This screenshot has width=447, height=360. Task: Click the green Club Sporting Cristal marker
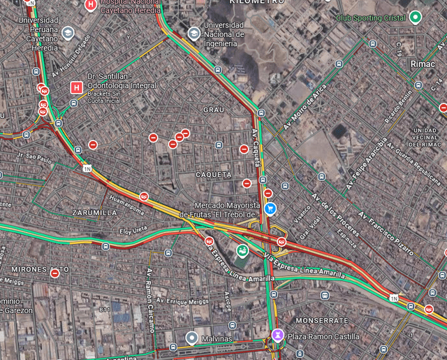416,17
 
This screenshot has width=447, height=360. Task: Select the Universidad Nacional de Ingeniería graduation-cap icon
193,33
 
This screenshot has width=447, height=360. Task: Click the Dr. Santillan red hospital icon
76,88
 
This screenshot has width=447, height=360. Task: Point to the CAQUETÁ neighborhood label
213,173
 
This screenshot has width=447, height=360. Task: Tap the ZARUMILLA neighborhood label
94,212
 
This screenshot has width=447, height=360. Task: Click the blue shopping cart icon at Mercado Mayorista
271,208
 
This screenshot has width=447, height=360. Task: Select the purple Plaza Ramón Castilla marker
278,336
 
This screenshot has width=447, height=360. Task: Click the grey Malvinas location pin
191,338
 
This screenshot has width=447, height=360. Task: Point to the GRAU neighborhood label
213,110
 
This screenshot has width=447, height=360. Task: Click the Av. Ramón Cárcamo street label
149,292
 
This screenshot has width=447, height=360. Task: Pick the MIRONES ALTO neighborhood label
40,268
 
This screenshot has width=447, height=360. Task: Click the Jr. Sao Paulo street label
35,159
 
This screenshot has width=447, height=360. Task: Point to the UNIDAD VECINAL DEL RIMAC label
425,138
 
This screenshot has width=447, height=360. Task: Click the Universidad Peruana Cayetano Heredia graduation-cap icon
68,32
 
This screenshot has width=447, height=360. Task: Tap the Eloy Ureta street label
133,229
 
